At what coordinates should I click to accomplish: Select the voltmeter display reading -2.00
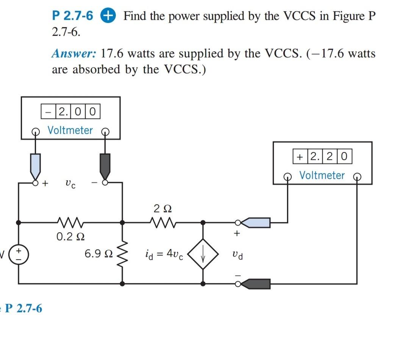tap(70, 112)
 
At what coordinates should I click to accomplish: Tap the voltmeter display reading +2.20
tap(322, 156)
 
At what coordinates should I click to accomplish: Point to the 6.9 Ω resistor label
tap(98, 254)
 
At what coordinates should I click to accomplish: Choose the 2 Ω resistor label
tap(162, 208)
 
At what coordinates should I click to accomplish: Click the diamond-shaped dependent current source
tap(203, 254)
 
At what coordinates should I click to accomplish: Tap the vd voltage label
tap(238, 255)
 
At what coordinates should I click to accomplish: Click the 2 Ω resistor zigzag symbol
tap(162, 221)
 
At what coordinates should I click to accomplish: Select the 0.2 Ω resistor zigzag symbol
tap(70, 221)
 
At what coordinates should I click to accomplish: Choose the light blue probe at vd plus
tap(258, 223)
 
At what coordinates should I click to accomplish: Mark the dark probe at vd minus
tap(258, 284)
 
